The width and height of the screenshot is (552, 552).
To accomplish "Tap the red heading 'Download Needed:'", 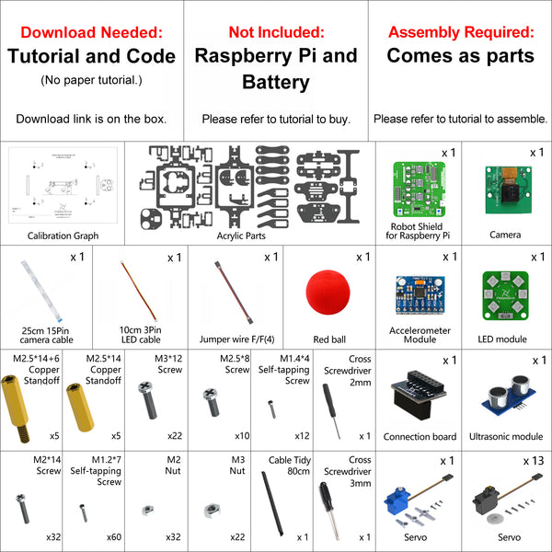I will coord(91,32).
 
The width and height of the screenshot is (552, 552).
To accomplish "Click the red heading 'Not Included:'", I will coord(275,32).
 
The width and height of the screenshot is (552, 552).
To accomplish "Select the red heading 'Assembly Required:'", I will coord(460,32).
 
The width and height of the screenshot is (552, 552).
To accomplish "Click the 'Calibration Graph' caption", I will coord(63,236).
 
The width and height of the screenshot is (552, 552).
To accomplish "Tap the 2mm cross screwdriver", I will coord(328,409).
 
